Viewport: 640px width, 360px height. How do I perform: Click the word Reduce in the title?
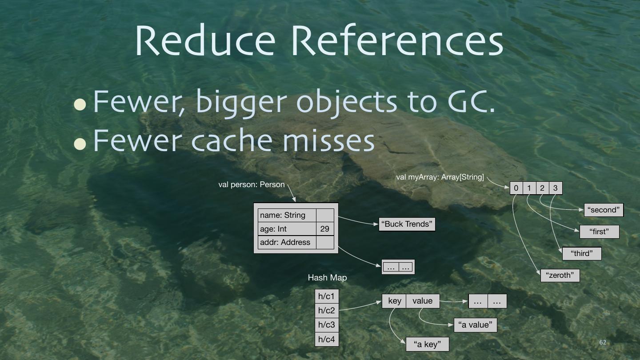tap(205, 40)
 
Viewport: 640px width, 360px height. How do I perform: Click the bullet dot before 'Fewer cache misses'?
tap(80, 143)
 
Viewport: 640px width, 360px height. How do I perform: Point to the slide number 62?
tap(603, 342)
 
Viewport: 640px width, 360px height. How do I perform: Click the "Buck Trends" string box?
tap(407, 224)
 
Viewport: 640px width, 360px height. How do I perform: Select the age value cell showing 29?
tap(325, 229)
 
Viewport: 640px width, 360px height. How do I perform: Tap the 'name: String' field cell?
tap(287, 215)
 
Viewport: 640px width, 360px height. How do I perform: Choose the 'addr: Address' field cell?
tap(287, 242)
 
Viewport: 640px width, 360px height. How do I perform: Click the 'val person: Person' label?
tap(252, 184)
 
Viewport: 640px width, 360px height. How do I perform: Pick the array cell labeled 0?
tap(516, 188)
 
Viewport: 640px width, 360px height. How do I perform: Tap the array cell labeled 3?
tap(556, 188)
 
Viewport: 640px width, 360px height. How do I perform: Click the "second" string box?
tap(604, 210)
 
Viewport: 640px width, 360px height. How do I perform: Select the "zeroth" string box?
tap(560, 275)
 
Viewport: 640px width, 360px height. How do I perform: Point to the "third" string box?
tap(582, 253)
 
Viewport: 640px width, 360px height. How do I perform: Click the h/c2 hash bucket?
tap(327, 310)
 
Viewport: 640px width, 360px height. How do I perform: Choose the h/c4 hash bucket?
tap(327, 339)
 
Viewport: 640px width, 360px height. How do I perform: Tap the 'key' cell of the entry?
tap(394, 301)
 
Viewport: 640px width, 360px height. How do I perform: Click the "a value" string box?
tap(475, 325)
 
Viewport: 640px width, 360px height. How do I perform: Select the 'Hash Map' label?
tap(327, 277)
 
